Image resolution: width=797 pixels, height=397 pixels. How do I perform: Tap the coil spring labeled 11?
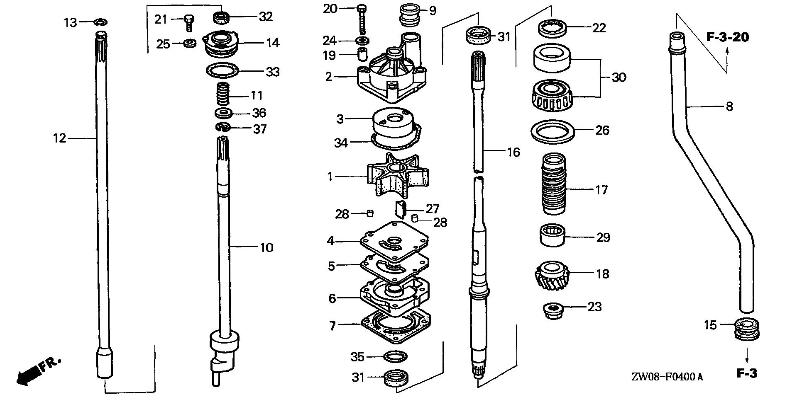tap(224, 94)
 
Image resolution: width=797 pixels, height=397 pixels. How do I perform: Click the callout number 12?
tap(59, 138)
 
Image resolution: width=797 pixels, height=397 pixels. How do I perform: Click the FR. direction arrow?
tap(37, 370)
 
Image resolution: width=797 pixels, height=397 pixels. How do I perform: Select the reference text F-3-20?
tap(727, 37)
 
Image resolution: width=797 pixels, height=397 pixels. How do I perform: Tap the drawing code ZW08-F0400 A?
tap(667, 377)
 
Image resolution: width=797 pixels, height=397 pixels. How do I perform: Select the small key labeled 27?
tap(400, 208)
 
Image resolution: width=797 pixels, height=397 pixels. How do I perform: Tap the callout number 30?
tap(619, 77)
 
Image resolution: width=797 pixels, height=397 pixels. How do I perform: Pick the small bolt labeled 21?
tap(188, 22)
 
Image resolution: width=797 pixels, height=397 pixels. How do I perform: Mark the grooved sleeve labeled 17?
tap(554, 184)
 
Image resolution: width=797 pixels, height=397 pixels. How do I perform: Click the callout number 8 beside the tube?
tap(729, 107)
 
